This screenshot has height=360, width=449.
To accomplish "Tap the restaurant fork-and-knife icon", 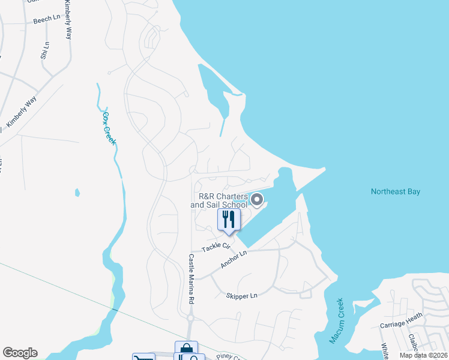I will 229,219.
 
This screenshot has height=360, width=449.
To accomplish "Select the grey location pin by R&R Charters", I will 257,200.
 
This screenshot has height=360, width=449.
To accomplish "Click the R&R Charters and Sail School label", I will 219,200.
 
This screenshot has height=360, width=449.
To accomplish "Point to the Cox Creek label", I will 109,128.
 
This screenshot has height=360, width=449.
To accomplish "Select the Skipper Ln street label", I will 241,296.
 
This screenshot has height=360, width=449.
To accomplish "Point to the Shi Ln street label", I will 44,50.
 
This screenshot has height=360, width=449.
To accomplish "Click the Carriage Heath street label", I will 401,321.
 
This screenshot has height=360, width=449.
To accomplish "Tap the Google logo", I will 20,353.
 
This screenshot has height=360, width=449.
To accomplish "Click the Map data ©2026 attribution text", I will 423,355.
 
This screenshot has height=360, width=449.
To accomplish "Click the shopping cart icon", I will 144,357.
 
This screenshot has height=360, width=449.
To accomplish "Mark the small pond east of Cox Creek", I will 77,193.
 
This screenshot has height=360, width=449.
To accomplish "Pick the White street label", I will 385,350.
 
